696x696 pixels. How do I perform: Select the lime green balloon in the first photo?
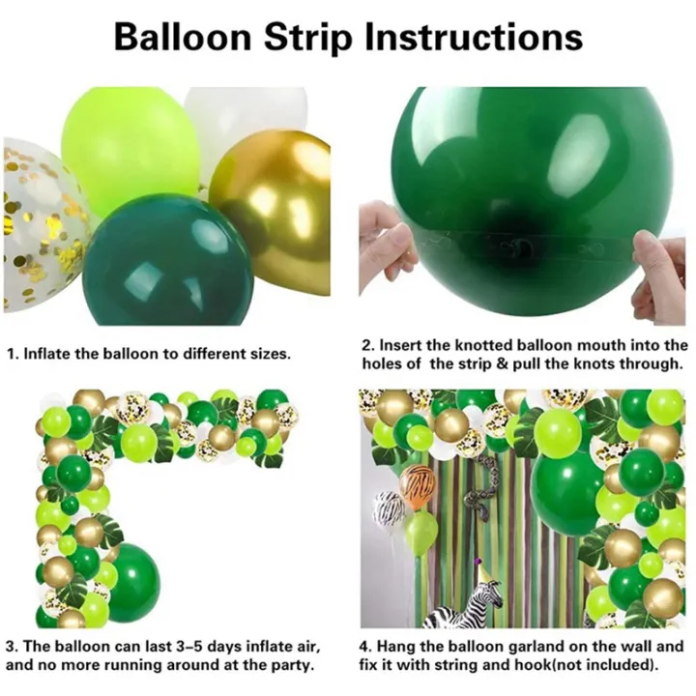130,135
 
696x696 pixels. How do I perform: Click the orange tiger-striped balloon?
418,484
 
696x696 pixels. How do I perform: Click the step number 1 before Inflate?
12,354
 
